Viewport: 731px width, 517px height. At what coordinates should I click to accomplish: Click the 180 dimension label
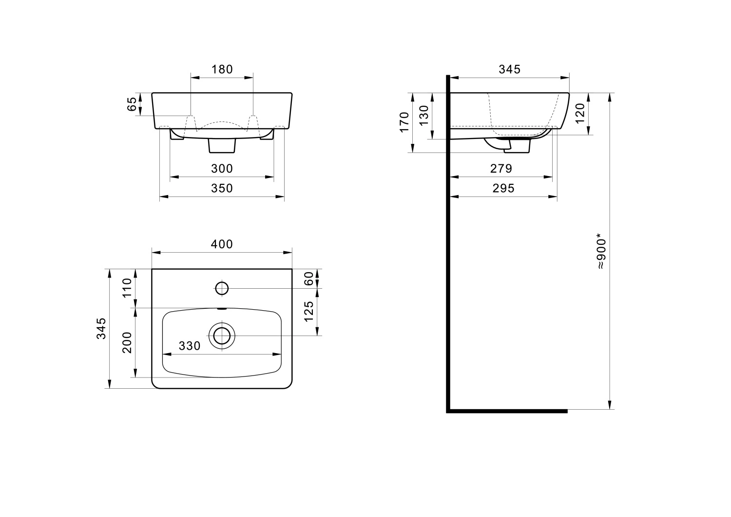(222, 69)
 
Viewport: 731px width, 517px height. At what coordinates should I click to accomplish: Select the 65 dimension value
(132, 104)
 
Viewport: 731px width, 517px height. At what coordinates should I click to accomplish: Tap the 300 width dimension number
(222, 169)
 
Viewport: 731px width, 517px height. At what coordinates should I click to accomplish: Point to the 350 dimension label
(222, 188)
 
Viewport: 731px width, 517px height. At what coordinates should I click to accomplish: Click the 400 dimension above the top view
(222, 244)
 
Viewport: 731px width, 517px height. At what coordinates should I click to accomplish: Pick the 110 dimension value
(127, 288)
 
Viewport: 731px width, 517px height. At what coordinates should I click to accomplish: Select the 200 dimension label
(127, 342)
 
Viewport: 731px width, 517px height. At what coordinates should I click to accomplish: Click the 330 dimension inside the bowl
(190, 346)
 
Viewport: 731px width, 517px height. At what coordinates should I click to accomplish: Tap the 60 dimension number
(308, 278)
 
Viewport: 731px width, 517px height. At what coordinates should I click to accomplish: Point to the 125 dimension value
(308, 312)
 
